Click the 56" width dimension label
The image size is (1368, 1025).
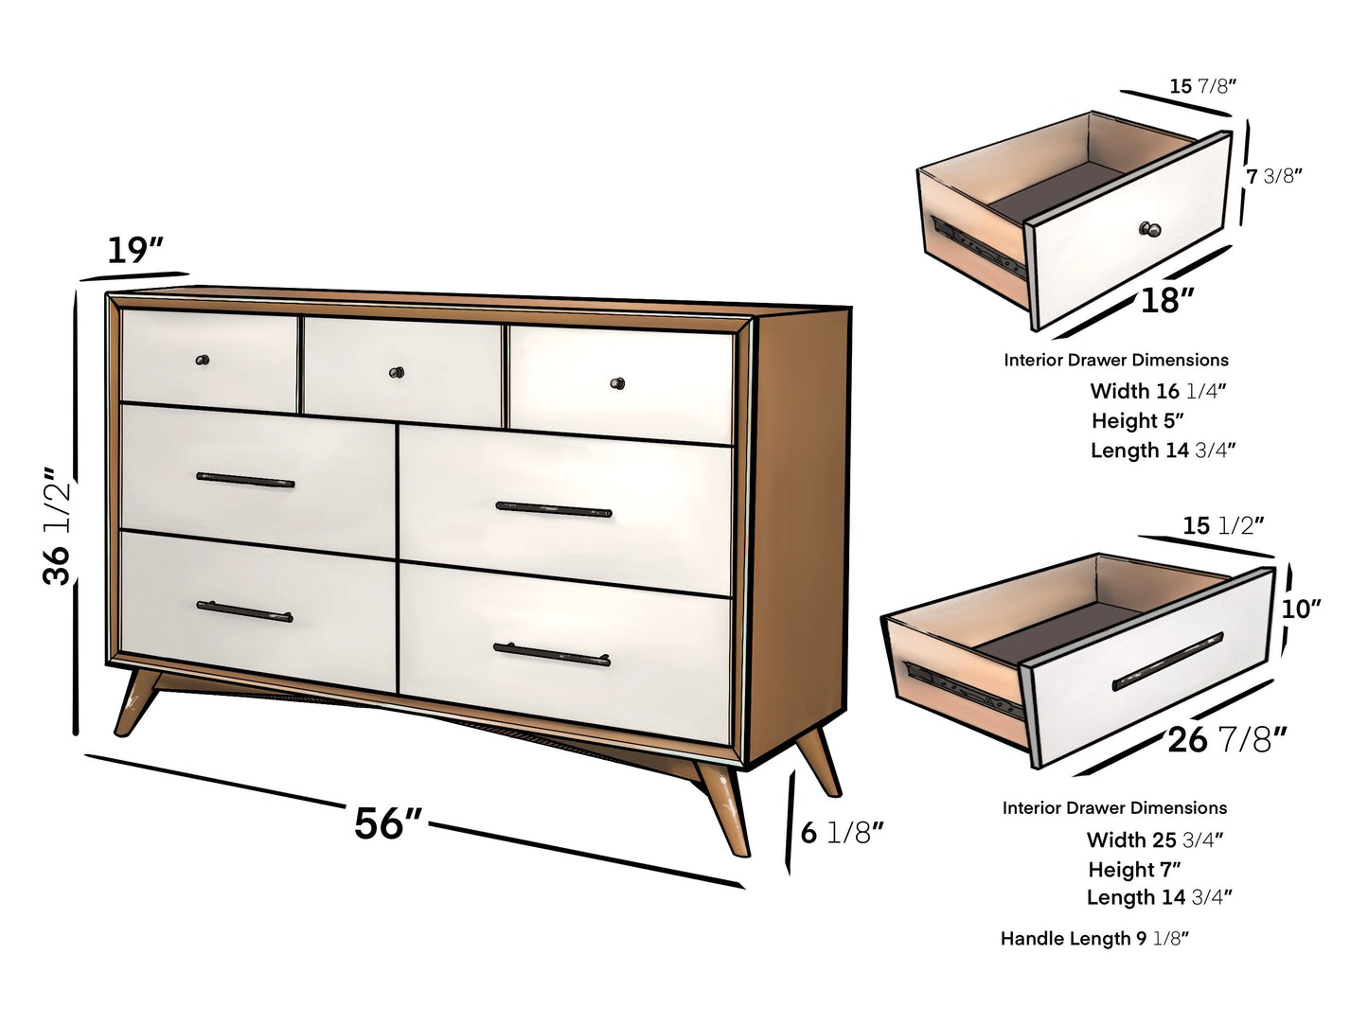pos(387,823)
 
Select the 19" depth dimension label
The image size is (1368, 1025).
pos(134,251)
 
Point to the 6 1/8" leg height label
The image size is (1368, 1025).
pos(842,833)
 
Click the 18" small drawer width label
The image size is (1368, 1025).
pos(1166,301)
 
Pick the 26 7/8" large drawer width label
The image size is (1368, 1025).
pos(1227,739)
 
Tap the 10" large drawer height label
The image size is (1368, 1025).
pos(1301,610)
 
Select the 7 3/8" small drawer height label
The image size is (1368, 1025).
pos(1274,176)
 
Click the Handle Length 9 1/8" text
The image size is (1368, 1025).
pos(1094,939)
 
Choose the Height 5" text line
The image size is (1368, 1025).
pos(1137,421)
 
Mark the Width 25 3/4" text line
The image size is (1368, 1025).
pos(1155,839)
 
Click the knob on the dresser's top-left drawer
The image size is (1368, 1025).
pos(202,360)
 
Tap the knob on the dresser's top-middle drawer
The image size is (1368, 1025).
pos(397,372)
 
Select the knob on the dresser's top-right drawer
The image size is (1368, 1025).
pos(617,383)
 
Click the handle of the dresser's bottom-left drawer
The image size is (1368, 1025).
pos(244,611)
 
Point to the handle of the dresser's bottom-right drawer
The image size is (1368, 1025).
pos(551,654)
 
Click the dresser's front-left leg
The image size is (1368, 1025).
pos(134,701)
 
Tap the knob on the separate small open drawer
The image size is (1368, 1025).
pos(1150,229)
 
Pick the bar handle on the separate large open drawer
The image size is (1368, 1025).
pos(1167,662)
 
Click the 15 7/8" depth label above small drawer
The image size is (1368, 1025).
pos(1202,86)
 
